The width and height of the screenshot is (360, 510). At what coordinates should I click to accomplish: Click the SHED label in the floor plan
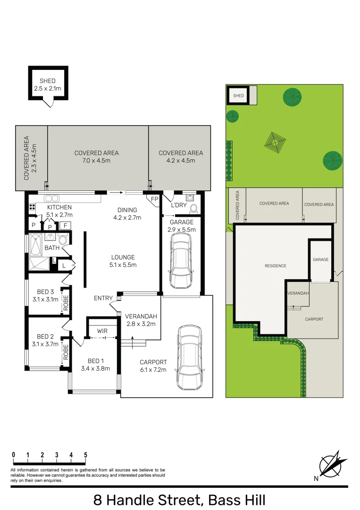48,81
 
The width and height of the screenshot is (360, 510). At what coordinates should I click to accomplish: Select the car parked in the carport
189,357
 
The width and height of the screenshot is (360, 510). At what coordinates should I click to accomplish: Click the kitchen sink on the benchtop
51,198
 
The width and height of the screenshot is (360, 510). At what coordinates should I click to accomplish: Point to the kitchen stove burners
32,206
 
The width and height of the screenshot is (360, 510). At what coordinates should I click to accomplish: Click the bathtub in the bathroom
34,245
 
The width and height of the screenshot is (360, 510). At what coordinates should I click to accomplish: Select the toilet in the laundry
192,209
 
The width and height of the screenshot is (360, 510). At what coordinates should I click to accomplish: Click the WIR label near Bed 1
102,331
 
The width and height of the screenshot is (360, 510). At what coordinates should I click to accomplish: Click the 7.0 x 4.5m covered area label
96,161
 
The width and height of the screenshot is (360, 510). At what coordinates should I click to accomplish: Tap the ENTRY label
103,298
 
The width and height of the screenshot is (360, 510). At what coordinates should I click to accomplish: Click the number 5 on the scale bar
85,455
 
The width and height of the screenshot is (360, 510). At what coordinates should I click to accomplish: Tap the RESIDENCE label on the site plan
276,266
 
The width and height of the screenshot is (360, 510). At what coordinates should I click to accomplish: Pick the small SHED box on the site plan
239,96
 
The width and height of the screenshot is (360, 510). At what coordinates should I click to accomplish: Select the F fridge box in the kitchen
65,225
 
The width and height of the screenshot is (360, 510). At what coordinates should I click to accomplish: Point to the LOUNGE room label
123,257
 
